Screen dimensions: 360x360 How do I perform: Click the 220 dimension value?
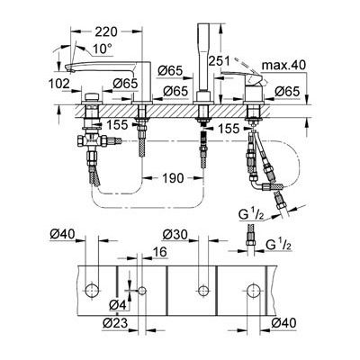tap(106, 31)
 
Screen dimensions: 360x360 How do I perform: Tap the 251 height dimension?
tap(220, 61)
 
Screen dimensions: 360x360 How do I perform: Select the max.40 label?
tap(283, 65)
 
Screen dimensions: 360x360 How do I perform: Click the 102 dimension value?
tap(59, 84)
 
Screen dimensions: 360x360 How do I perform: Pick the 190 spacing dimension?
tap(173, 178)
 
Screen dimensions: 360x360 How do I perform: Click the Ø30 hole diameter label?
tap(175, 234)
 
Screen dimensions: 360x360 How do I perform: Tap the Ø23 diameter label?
tap(115, 323)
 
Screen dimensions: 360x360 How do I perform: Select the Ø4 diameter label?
tap(117, 305)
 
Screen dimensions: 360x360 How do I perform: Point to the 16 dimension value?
tap(159, 252)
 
